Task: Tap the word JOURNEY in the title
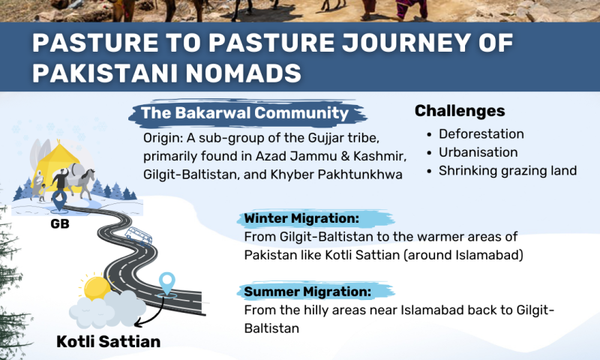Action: (x=406, y=43)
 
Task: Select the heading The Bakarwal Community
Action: (x=245, y=112)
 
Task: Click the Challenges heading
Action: (x=460, y=111)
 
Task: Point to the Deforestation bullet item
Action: (x=481, y=134)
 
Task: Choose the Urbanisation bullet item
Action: (x=478, y=152)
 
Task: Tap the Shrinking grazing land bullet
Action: (x=508, y=171)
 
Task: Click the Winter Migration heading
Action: (x=302, y=218)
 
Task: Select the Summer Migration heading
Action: (x=307, y=292)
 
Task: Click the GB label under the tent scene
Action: (x=60, y=223)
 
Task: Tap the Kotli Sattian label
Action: (x=108, y=342)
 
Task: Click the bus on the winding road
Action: (x=139, y=235)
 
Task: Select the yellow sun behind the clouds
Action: (x=97, y=288)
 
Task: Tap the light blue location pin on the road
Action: (x=166, y=283)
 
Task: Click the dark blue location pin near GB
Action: (x=59, y=201)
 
